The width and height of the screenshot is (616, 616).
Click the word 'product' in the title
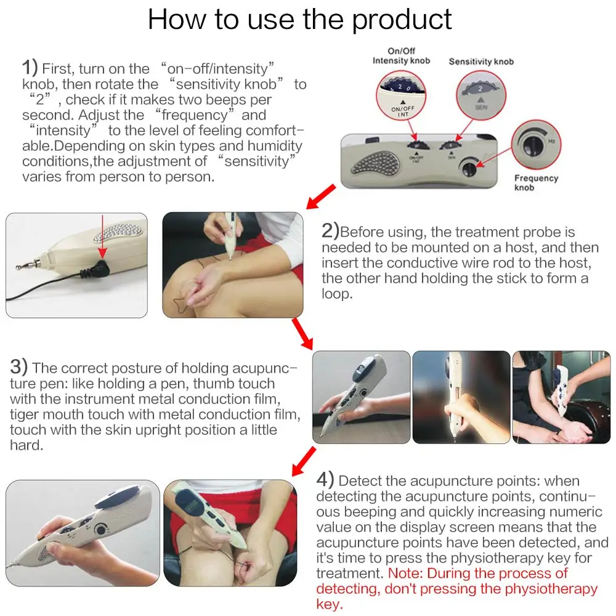point(402,20)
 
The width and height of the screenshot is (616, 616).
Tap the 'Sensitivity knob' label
point(481,62)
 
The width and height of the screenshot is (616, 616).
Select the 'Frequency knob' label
point(536,183)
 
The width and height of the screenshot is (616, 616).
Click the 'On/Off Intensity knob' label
point(401,56)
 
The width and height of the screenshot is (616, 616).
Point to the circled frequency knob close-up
point(536,145)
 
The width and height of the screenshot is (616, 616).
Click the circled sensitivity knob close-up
point(481,95)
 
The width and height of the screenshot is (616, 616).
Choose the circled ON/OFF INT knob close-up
point(401,95)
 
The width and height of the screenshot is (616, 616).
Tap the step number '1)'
point(30,67)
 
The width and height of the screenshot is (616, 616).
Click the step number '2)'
point(330,230)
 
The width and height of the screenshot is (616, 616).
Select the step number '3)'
point(19,367)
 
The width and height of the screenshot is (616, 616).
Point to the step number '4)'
point(325,480)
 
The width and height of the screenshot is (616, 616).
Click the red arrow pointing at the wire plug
point(102,237)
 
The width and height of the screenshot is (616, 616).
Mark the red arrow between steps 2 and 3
point(302,334)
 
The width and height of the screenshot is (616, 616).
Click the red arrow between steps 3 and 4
point(304,461)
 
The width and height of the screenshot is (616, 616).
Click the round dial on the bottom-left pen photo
point(101,530)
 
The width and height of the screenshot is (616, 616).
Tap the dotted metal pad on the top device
point(375,163)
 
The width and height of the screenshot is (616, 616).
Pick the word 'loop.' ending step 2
point(337,294)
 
